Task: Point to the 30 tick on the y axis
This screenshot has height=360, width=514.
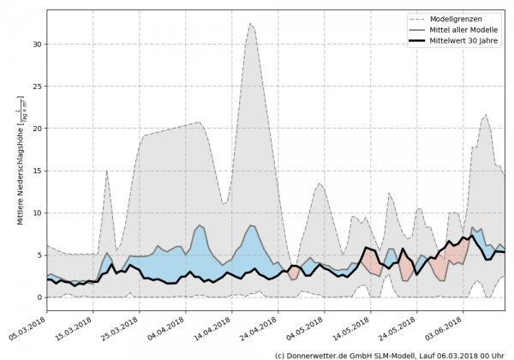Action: [37, 45]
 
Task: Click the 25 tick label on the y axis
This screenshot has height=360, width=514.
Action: [37, 87]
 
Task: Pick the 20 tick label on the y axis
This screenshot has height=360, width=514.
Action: [37, 129]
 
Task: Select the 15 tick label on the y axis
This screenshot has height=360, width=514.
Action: [37, 171]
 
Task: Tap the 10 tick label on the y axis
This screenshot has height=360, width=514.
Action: [37, 213]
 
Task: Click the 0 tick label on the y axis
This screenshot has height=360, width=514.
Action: [39, 297]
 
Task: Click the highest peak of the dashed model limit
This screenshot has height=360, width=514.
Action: [275, 24]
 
